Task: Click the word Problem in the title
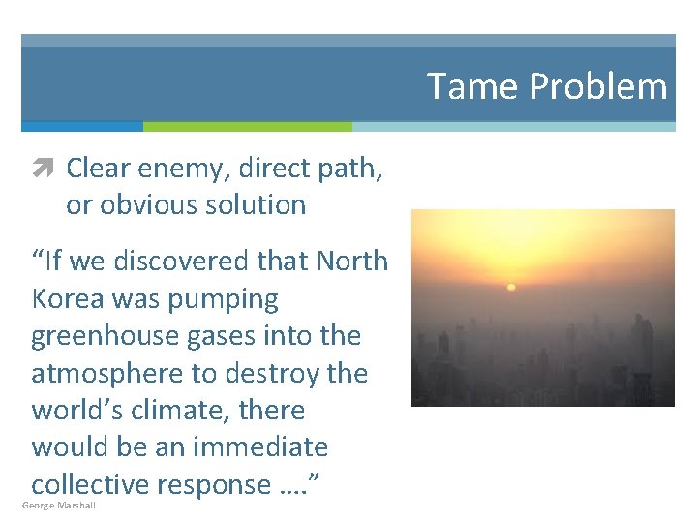[x=599, y=86]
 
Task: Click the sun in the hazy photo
[x=511, y=287]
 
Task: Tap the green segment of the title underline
[x=247, y=127]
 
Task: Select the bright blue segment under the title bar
[x=82, y=127]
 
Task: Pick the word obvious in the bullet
[x=160, y=205]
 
